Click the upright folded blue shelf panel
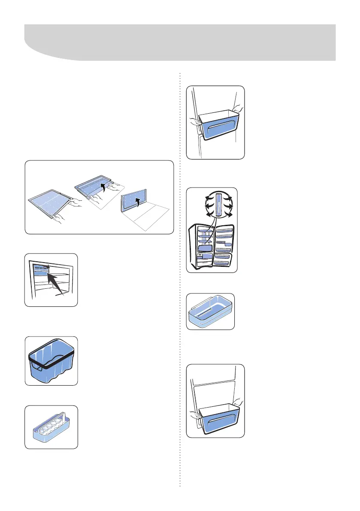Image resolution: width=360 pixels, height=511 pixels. pyautogui.click(x=131, y=203)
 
